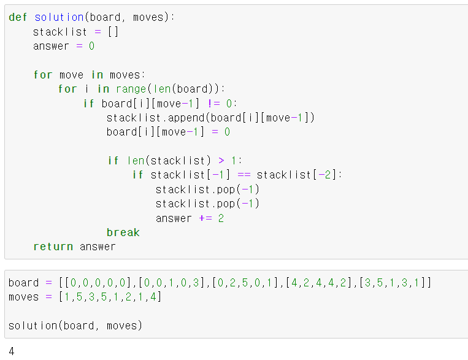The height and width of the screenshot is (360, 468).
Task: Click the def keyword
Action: (x=19, y=17)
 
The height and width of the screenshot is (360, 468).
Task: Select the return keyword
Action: (x=53, y=247)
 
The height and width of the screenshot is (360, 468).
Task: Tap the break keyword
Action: (x=123, y=232)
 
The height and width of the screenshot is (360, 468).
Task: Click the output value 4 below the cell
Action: (x=12, y=351)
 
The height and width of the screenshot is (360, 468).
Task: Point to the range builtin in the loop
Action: (x=131, y=89)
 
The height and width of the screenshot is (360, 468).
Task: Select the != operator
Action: (x=214, y=104)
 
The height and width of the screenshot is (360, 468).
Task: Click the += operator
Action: (x=205, y=218)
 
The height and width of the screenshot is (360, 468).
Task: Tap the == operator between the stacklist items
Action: (x=244, y=175)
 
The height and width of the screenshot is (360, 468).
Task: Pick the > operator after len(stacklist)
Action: (x=221, y=161)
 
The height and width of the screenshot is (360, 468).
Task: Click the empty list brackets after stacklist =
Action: (x=112, y=32)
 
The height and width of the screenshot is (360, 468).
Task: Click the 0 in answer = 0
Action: (x=91, y=46)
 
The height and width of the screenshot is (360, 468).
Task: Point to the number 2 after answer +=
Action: (x=221, y=218)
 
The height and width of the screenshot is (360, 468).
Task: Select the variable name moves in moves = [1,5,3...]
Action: (x=23, y=297)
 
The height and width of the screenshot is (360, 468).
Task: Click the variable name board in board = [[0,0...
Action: (x=23, y=283)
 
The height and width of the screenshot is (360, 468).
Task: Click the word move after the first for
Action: (x=71, y=75)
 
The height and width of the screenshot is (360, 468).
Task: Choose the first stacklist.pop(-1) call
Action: (x=207, y=190)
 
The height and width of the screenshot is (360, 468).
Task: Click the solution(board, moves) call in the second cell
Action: (x=75, y=326)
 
